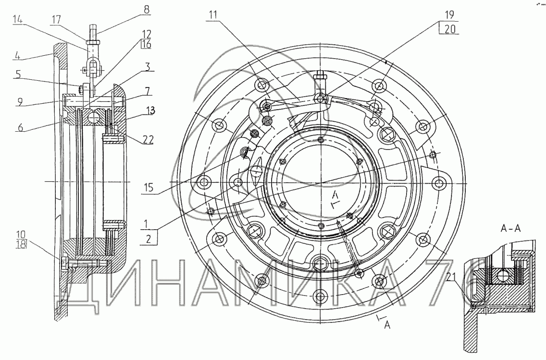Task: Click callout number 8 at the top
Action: (x=147, y=10)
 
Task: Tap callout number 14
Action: (x=18, y=20)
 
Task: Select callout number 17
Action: (x=56, y=20)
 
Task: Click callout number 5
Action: (x=18, y=74)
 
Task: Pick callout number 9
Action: (x=20, y=102)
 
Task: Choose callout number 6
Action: (x=21, y=127)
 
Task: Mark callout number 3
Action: (x=148, y=67)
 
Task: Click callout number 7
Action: (x=148, y=92)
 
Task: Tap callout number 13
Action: (x=150, y=111)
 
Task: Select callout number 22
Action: (x=148, y=139)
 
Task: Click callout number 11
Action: (x=213, y=14)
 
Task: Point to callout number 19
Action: (x=449, y=14)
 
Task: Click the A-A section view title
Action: (x=510, y=228)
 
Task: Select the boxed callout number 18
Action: (x=21, y=245)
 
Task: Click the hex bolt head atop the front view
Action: (x=319, y=75)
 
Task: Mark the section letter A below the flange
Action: (x=387, y=325)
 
